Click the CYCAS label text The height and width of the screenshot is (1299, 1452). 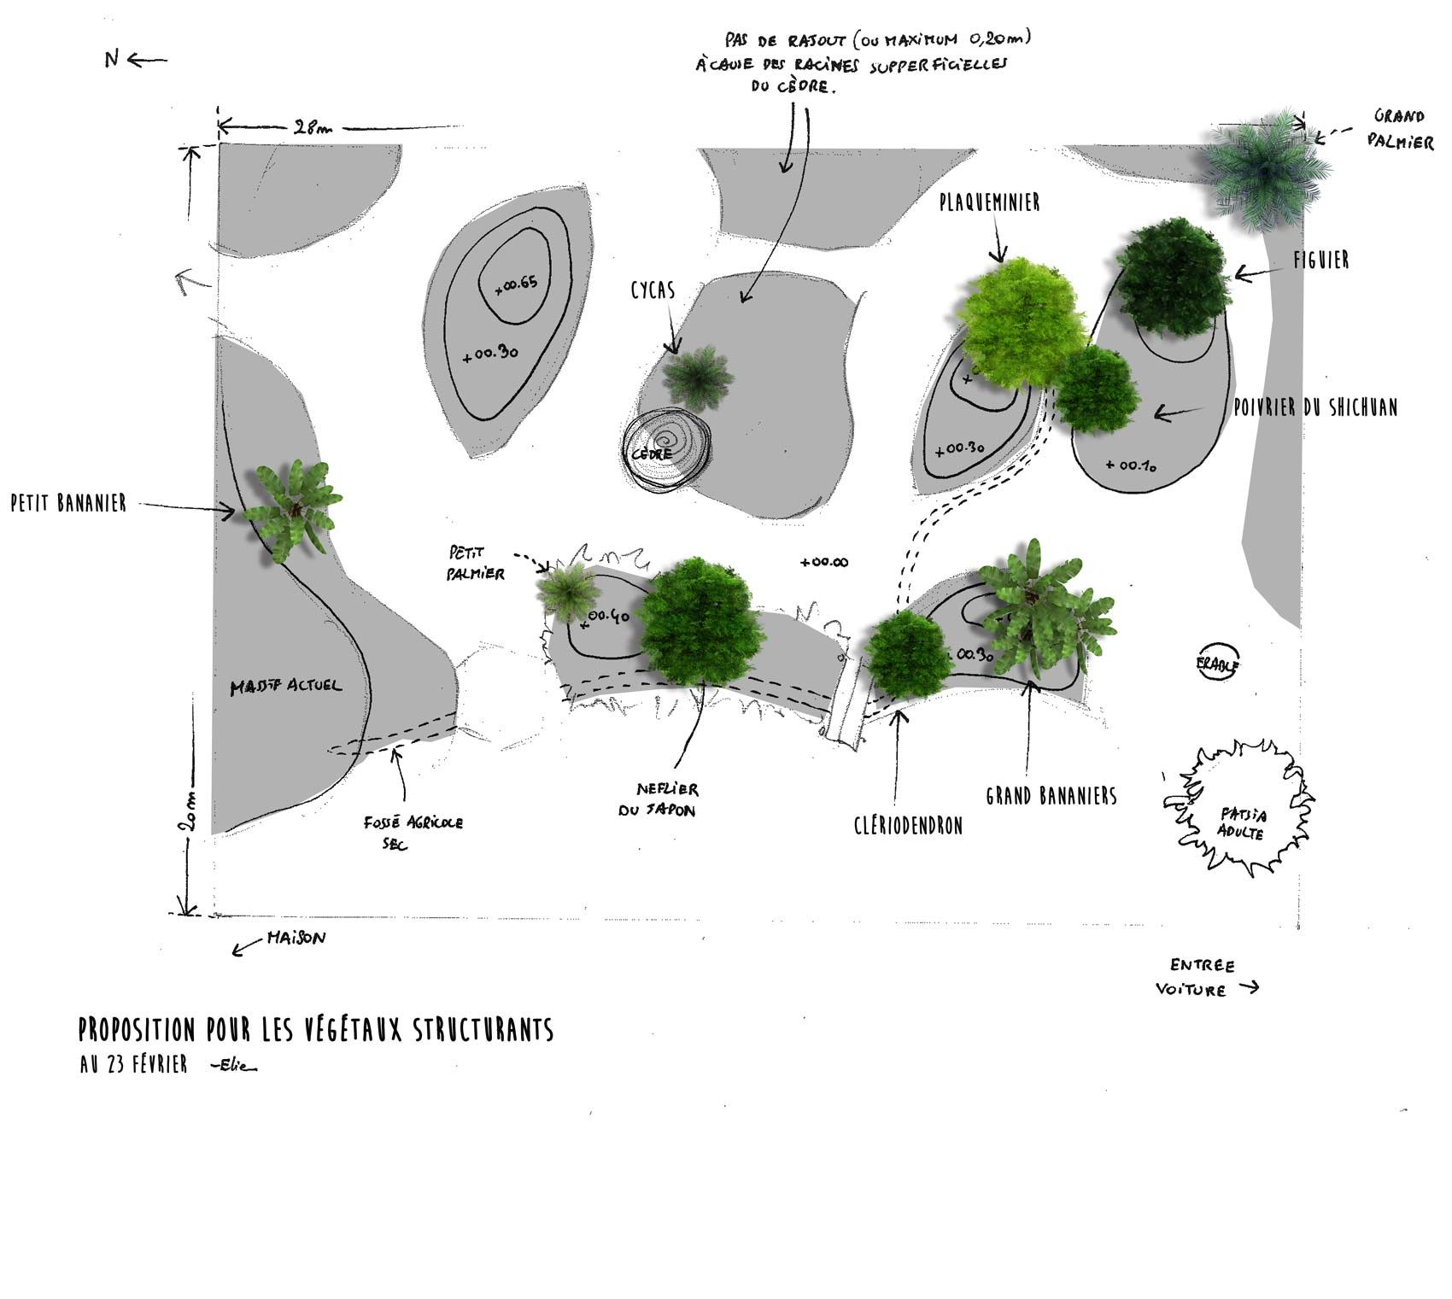click(x=653, y=290)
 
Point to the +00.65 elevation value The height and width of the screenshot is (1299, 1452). click(x=516, y=284)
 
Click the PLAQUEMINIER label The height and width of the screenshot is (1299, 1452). click(x=990, y=202)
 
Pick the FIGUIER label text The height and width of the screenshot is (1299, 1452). click(x=1321, y=260)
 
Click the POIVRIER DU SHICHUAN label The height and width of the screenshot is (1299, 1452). click(x=1315, y=407)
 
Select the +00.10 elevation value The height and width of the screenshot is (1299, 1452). click(x=1131, y=465)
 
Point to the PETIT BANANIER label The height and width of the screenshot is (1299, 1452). click(x=68, y=503)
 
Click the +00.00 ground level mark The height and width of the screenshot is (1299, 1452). click(x=824, y=562)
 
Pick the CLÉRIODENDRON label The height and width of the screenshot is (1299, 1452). click(x=908, y=826)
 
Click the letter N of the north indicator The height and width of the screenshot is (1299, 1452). click(x=112, y=59)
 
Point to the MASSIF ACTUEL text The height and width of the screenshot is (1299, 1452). click(x=286, y=686)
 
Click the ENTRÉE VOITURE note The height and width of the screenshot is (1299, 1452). click(x=1203, y=978)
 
